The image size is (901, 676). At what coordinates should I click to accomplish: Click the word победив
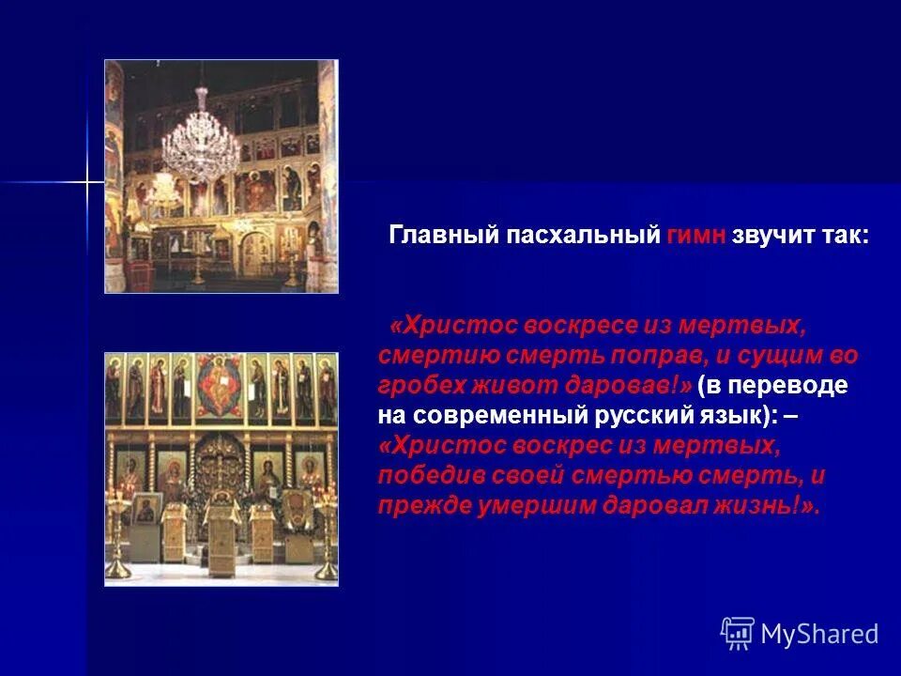pos(430,475)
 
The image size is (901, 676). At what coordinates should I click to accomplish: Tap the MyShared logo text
pos(819,634)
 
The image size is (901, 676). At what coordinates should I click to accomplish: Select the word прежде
pos(419,505)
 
